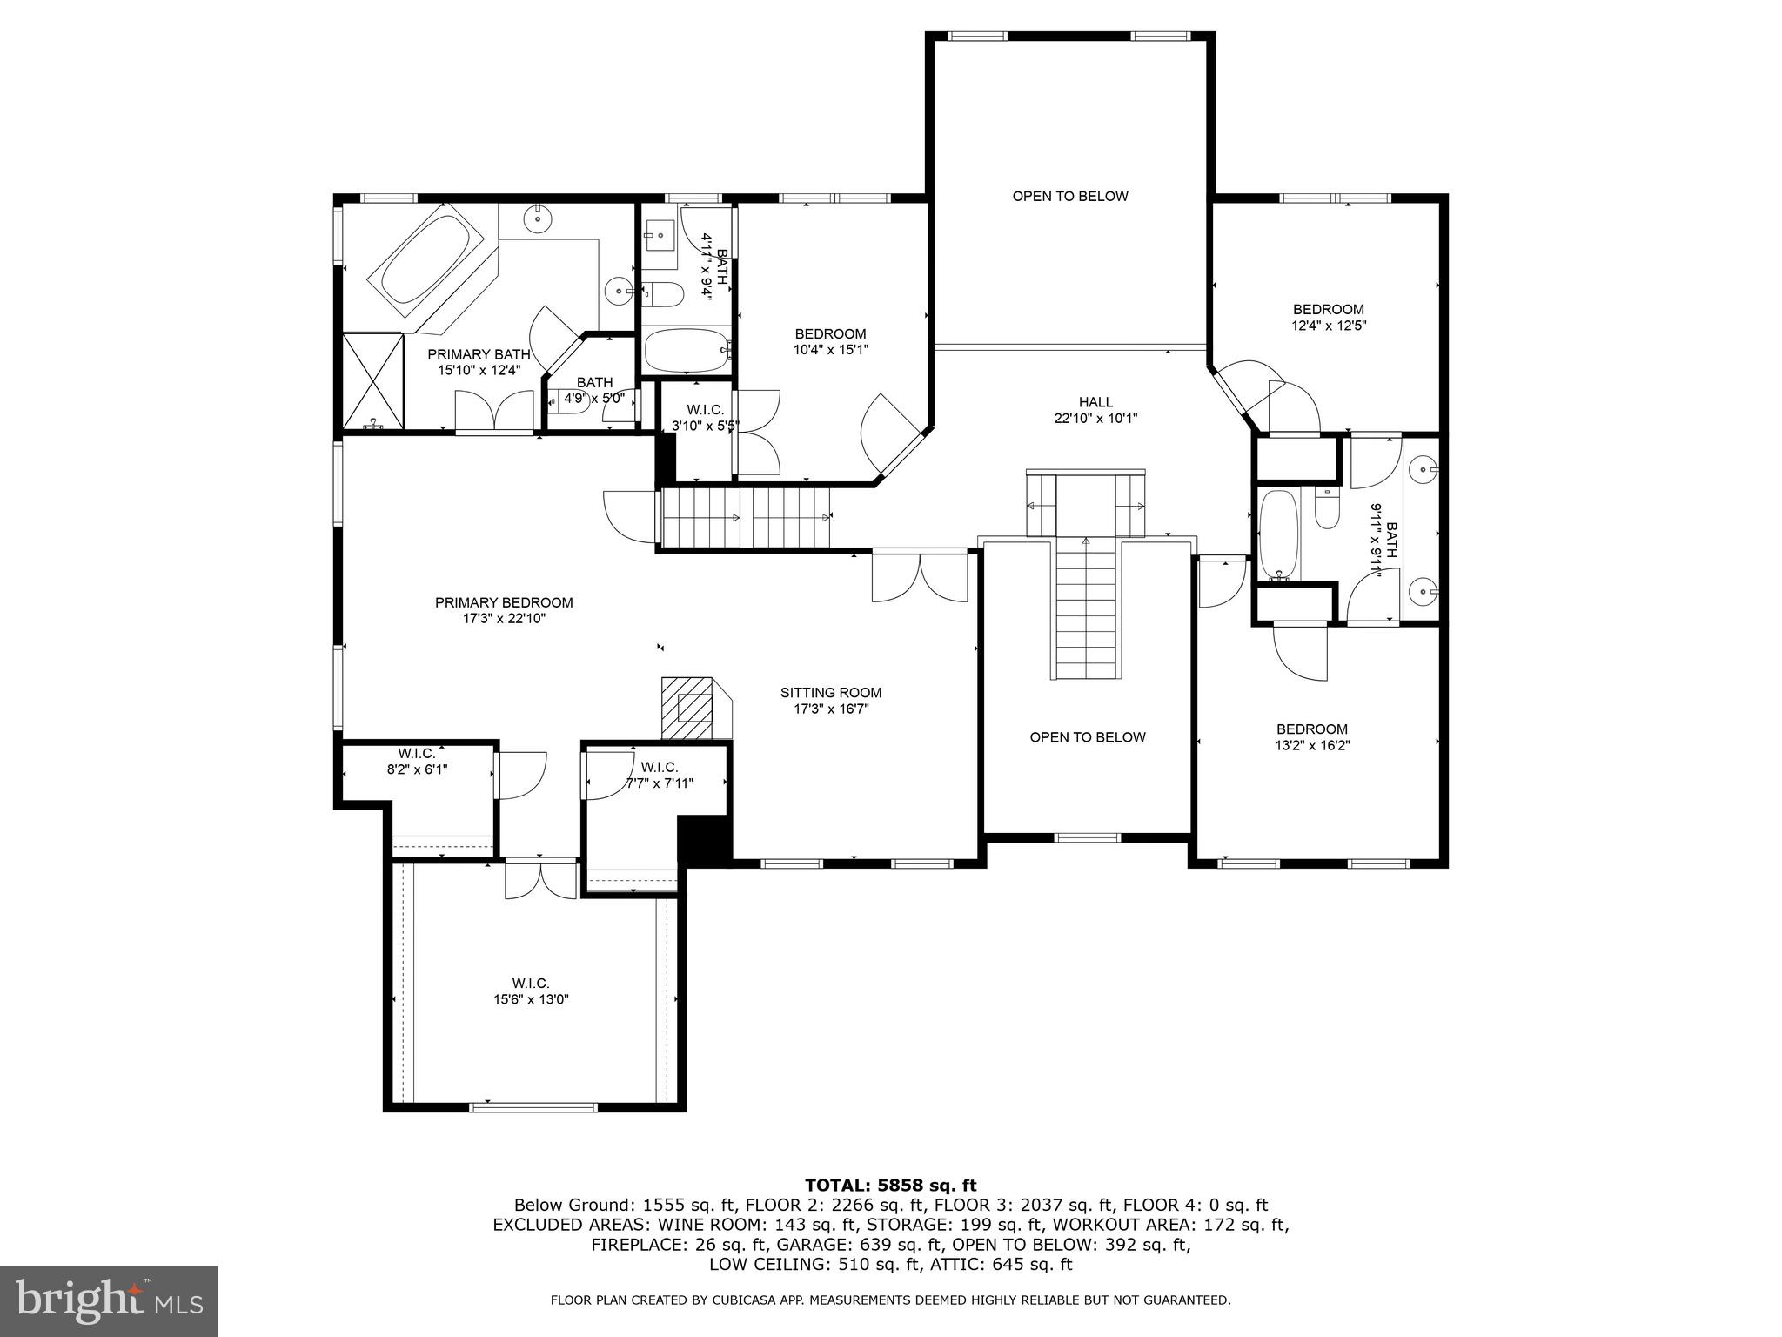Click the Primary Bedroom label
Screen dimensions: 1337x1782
pyautogui.click(x=504, y=602)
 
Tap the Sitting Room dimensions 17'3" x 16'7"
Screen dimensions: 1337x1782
pyautogui.click(x=830, y=709)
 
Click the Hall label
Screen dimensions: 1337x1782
pyautogui.click(x=1095, y=402)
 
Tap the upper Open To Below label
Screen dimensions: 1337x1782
pyautogui.click(x=1069, y=196)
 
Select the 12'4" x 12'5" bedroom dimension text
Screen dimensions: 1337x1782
pyautogui.click(x=1328, y=326)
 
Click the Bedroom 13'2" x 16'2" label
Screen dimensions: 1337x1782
pyautogui.click(x=1311, y=729)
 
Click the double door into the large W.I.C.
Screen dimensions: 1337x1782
pyautogui.click(x=540, y=879)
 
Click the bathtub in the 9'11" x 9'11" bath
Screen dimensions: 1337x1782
pyautogui.click(x=1277, y=534)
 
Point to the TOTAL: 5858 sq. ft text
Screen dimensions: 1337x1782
pyautogui.click(x=890, y=1185)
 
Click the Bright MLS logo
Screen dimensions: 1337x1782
pyautogui.click(x=109, y=1300)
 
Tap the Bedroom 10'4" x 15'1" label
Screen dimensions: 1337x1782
pyautogui.click(x=830, y=334)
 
